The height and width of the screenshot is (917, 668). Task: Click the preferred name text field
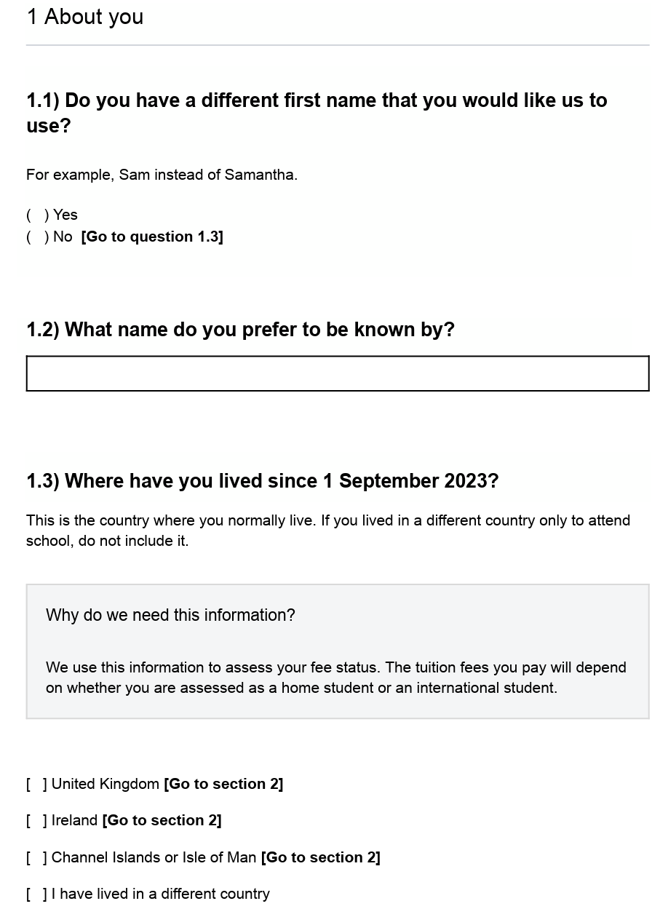[337, 373]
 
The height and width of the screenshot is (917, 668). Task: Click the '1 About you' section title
[85, 17]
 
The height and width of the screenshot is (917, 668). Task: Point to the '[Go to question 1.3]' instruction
[152, 237]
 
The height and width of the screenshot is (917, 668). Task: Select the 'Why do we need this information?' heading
[170, 615]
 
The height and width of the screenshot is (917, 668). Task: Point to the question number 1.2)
[42, 330]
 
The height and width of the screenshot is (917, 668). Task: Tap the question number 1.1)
[42, 100]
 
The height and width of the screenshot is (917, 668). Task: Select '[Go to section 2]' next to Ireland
[162, 820]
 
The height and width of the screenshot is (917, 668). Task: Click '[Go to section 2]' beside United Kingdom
[223, 784]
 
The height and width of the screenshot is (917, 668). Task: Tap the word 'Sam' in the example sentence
[134, 175]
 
